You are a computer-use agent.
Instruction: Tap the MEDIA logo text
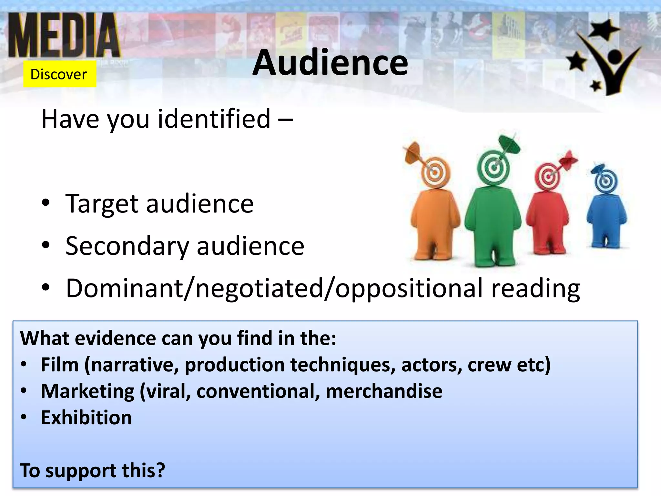click(x=64, y=36)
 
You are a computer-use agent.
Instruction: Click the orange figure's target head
click(x=435, y=172)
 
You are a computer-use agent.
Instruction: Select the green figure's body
click(x=493, y=220)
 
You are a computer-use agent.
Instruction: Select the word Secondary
click(x=127, y=246)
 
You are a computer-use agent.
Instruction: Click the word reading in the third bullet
click(x=535, y=288)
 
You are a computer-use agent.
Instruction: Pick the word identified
click(x=214, y=119)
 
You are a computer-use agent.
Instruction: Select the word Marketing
click(x=87, y=391)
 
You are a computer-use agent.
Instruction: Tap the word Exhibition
click(x=86, y=418)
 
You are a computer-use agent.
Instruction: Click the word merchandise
click(x=384, y=391)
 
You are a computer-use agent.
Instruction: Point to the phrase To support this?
click(x=92, y=470)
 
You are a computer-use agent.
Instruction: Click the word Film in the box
click(x=60, y=365)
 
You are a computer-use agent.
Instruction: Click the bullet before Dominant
click(x=46, y=287)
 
